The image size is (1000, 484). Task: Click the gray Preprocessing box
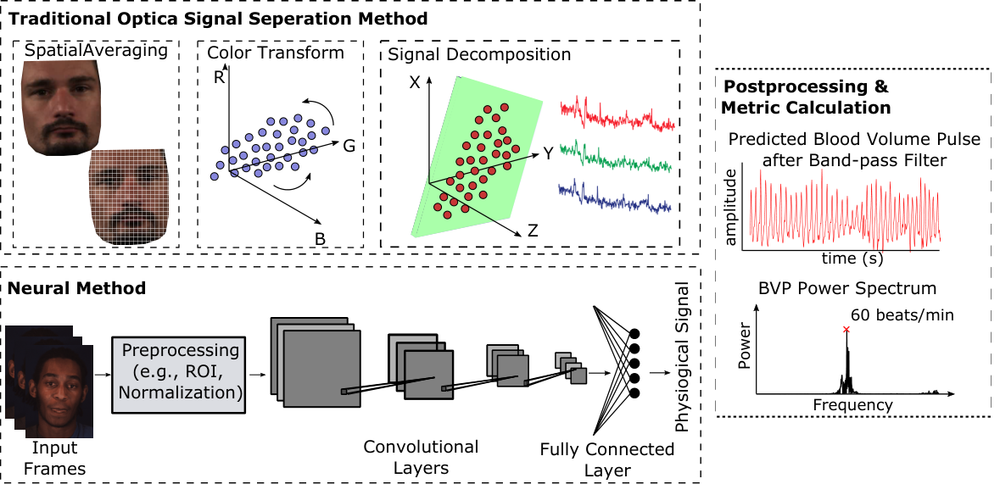tap(179, 375)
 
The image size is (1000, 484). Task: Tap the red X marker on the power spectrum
tap(846, 329)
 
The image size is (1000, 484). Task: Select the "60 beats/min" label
tap(901, 315)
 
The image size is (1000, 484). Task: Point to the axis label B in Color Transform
tap(321, 239)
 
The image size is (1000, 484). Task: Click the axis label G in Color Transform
tap(349, 146)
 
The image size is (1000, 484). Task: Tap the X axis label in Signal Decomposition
tap(415, 82)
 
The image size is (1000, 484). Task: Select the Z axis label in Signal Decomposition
tap(533, 231)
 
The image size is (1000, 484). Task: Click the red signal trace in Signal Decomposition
tap(617, 114)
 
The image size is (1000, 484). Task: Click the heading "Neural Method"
tap(76, 288)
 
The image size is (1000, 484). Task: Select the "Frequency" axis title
tap(852, 404)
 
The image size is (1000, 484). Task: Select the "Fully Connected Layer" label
tap(606, 459)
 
